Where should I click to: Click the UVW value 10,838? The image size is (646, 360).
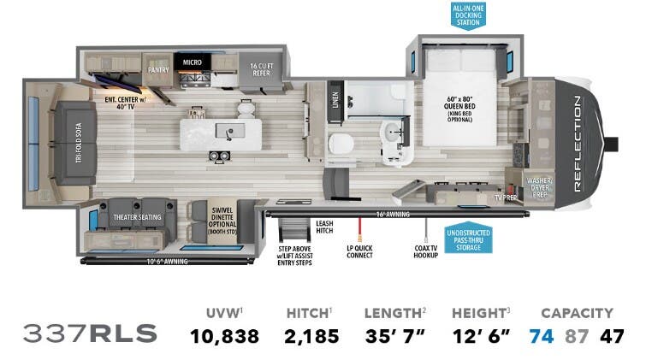click(x=223, y=335)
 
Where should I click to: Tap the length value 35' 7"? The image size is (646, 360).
click(x=394, y=335)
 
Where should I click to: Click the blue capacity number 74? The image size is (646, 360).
click(x=542, y=335)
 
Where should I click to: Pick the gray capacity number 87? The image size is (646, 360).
click(x=577, y=335)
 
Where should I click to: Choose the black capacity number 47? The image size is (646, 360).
click(x=613, y=335)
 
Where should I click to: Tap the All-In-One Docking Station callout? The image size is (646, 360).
click(x=469, y=15)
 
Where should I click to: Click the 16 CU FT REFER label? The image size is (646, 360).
click(x=261, y=69)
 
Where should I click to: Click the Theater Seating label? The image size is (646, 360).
click(x=137, y=218)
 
